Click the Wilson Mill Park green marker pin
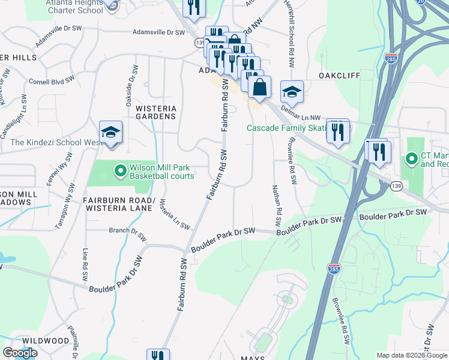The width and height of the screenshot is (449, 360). (x=120, y=172)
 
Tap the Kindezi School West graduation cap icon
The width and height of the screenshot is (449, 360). (x=111, y=132)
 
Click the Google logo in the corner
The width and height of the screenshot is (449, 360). (x=20, y=353)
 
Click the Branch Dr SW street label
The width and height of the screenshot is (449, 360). (x=127, y=233)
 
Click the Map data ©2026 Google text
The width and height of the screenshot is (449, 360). (x=411, y=355)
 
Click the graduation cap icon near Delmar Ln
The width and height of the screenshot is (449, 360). (x=291, y=91)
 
